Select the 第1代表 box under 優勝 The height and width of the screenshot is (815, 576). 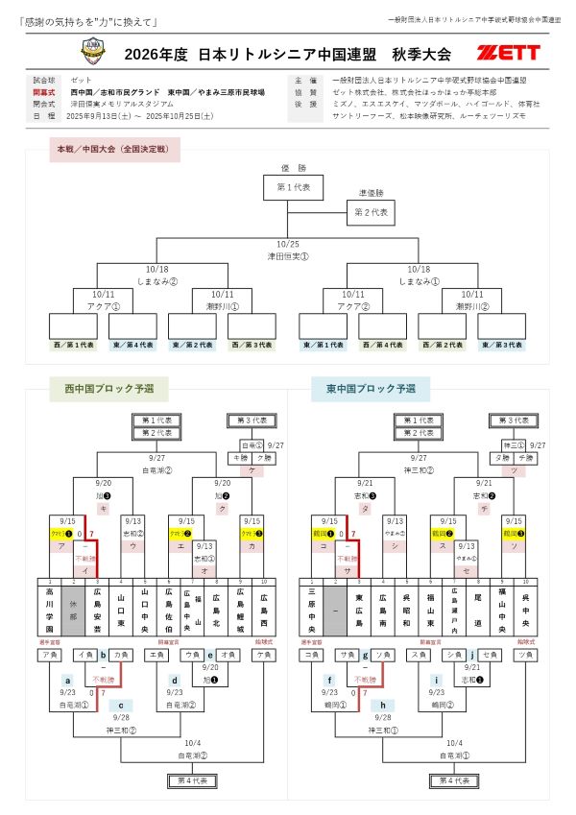coord(293,186)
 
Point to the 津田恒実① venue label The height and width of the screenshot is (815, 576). coord(288,256)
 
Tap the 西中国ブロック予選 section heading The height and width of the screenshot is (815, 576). coord(108,390)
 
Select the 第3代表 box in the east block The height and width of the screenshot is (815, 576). coord(512,420)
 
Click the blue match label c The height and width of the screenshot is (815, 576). coord(121,704)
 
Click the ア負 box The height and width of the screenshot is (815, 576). coord(49,655)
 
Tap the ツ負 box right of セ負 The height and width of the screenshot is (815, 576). coord(523,655)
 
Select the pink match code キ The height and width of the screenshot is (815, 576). coord(103,508)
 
